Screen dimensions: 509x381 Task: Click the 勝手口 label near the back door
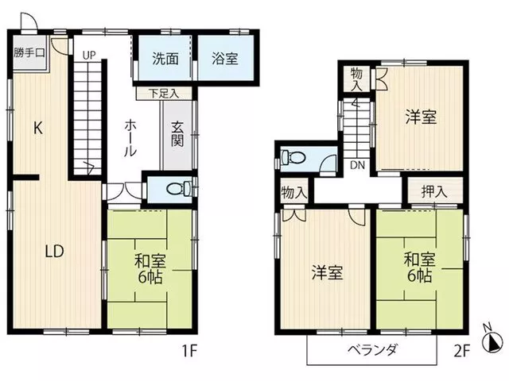[x=29, y=52]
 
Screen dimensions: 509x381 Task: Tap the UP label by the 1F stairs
[x=88, y=55]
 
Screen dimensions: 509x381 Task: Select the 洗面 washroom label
[x=165, y=59]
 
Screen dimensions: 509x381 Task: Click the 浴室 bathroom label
[x=225, y=59]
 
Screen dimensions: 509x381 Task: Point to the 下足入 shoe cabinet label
[x=164, y=94]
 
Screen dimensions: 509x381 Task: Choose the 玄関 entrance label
[x=177, y=134]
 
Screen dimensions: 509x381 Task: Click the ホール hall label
[x=130, y=138]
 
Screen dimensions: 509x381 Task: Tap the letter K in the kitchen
[x=38, y=129]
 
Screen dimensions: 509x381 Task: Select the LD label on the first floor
[x=54, y=251]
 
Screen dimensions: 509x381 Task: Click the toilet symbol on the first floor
[x=179, y=189]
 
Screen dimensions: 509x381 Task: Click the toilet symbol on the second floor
[x=293, y=158]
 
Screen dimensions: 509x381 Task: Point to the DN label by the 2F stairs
[x=357, y=165]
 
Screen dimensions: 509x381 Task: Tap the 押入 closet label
[x=434, y=192]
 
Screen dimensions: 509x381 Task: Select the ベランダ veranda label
[x=372, y=350]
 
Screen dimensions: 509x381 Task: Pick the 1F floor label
[x=189, y=351]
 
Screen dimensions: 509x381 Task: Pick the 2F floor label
[x=461, y=351]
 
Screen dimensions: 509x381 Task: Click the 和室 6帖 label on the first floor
[x=150, y=269]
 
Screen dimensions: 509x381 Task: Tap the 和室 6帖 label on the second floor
[x=420, y=268]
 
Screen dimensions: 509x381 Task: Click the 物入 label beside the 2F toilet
[x=294, y=192]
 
